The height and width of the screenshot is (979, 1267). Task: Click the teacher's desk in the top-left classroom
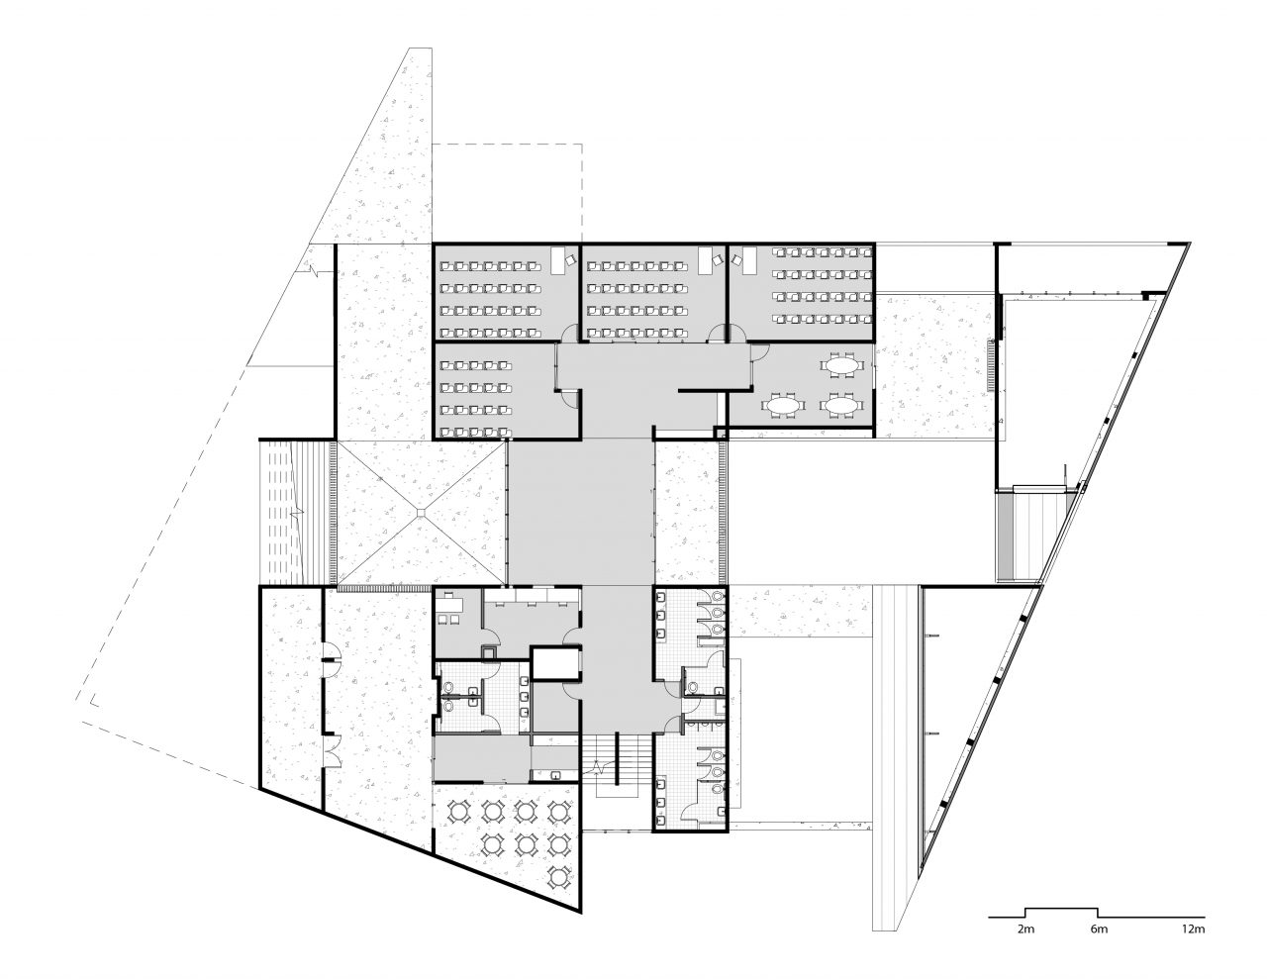click(x=558, y=259)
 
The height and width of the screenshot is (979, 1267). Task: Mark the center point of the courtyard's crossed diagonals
click(x=421, y=512)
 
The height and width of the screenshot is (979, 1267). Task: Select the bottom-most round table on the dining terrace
click(x=559, y=875)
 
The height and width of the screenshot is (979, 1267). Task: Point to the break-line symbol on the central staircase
click(x=600, y=764)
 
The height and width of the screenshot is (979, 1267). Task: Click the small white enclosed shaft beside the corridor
click(x=554, y=663)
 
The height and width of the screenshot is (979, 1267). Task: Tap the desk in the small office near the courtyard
click(x=450, y=604)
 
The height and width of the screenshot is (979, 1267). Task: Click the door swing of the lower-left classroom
click(x=568, y=396)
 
